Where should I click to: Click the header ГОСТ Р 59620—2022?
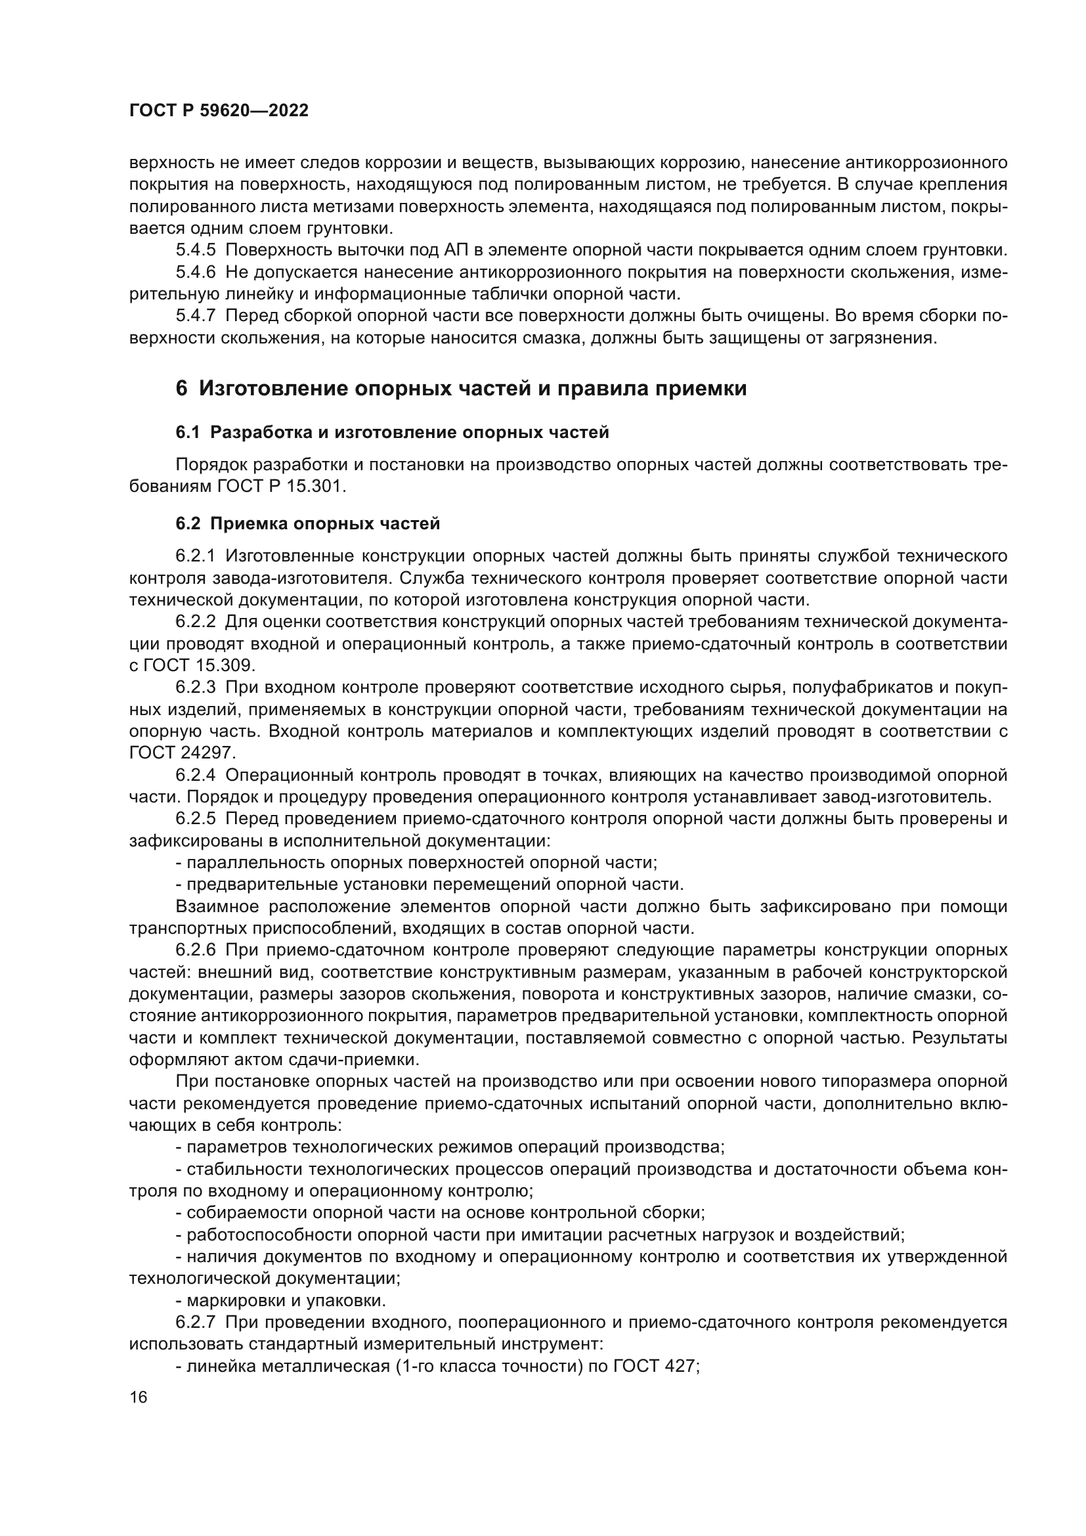coord(219,111)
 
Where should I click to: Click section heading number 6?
coord(181,389)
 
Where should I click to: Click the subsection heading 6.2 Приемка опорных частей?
coord(307,524)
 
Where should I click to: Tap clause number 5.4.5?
coord(196,250)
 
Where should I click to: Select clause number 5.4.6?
coord(196,273)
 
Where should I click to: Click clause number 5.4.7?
coord(196,316)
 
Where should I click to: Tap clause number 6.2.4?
coord(196,776)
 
